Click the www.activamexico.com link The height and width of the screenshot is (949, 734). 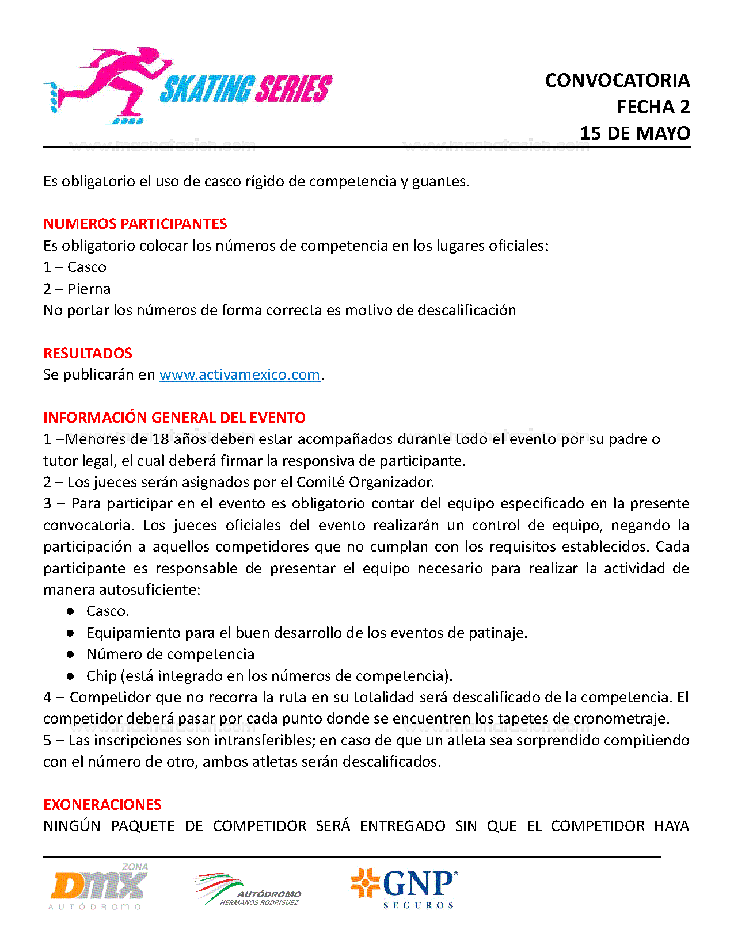click(239, 375)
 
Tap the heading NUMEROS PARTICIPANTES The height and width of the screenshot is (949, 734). click(135, 224)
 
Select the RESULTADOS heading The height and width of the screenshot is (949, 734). click(88, 353)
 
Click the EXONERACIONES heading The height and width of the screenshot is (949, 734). click(102, 805)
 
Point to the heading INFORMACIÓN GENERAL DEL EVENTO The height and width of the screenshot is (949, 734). click(174, 418)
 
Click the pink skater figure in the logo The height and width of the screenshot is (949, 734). click(115, 83)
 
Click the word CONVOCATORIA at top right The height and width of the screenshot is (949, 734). click(617, 81)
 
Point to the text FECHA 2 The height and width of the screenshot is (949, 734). click(653, 107)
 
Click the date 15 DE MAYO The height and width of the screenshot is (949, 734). click(635, 133)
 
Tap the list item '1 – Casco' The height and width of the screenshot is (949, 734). click(75, 267)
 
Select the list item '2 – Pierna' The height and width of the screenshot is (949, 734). click(77, 289)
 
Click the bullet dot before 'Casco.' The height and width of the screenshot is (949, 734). click(70, 611)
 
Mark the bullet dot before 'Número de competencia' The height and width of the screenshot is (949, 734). click(70, 655)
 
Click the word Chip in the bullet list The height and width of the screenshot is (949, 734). click(101, 676)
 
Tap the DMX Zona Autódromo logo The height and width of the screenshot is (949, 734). click(99, 886)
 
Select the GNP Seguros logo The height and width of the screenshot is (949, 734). click(404, 887)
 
